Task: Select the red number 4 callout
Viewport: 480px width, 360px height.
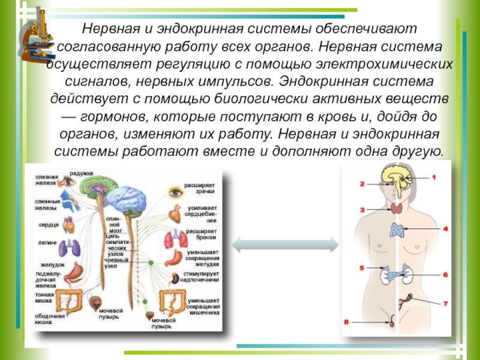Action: tap(445, 229)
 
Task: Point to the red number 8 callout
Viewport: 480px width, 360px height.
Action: tap(346, 322)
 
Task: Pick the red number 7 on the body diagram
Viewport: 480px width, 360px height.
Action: tap(445, 304)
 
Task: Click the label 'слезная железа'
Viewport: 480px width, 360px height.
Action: tap(46, 181)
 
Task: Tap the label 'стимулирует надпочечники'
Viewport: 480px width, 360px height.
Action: tap(203, 277)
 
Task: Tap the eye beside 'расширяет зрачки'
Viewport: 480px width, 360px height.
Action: tap(175, 193)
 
